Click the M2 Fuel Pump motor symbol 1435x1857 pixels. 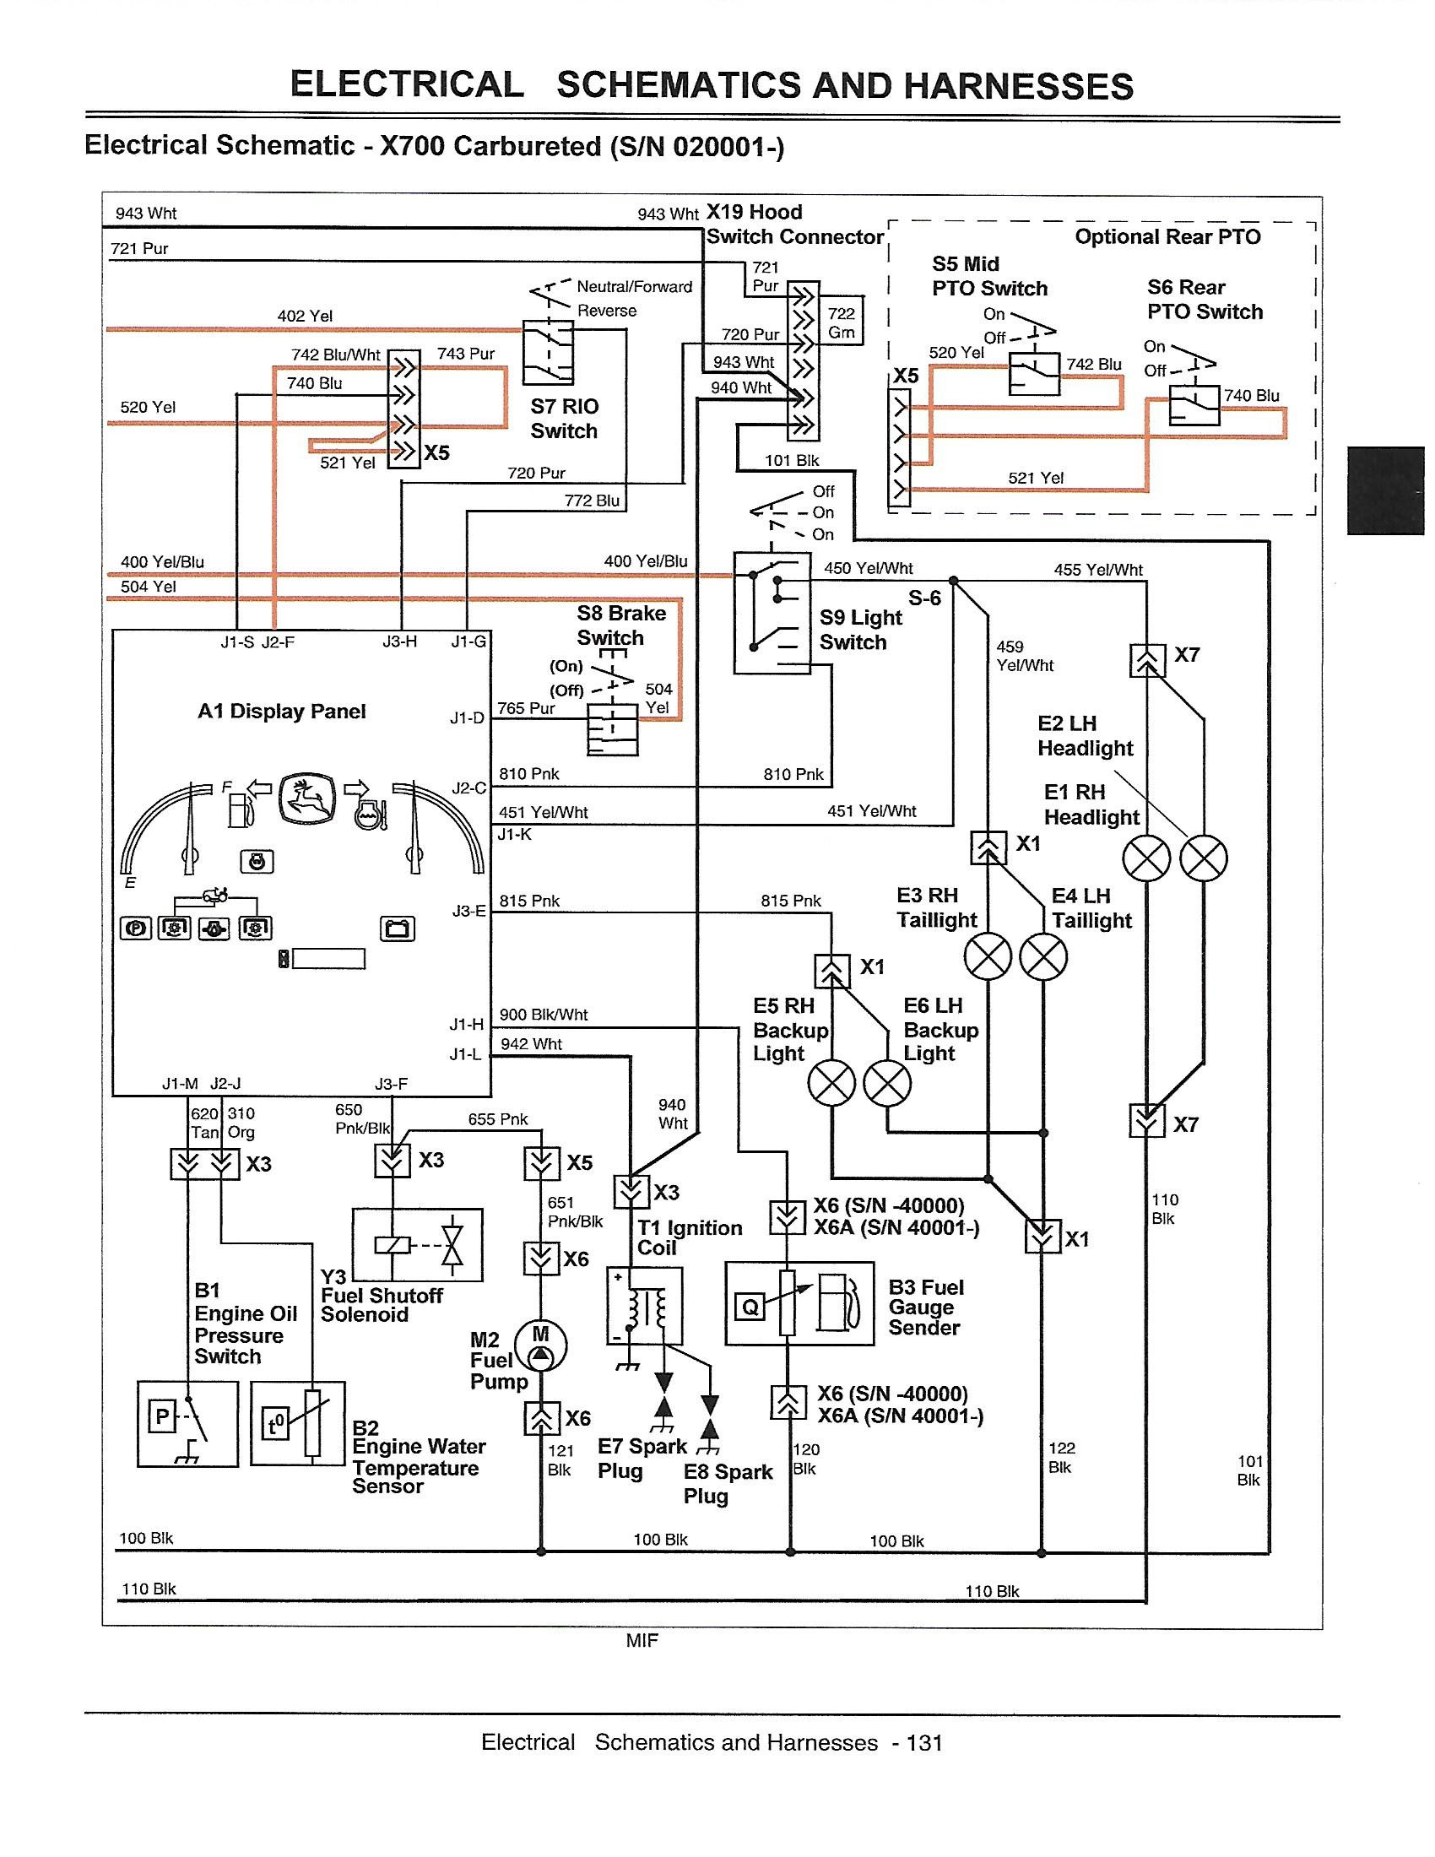point(541,1346)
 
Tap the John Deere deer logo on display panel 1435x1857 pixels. point(306,799)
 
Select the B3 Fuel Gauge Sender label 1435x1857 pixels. point(927,1307)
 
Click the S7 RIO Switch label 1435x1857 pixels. point(564,419)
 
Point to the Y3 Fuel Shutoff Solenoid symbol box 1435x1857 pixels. point(417,1245)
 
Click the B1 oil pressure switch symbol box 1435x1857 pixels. point(187,1422)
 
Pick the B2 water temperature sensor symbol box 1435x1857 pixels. point(297,1422)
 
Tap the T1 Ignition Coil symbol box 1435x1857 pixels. point(644,1305)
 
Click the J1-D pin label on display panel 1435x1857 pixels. point(467,718)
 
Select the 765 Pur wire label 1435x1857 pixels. point(526,707)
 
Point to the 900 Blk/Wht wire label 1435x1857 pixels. point(544,1015)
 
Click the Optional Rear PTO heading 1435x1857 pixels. point(1167,237)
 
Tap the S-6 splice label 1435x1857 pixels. point(924,598)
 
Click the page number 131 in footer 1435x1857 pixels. point(924,1743)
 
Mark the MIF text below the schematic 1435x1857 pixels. point(642,1641)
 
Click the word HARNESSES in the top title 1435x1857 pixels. point(1019,86)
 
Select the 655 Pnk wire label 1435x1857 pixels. point(498,1119)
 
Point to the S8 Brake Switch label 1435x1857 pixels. point(621,625)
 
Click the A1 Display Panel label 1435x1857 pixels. point(281,711)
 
